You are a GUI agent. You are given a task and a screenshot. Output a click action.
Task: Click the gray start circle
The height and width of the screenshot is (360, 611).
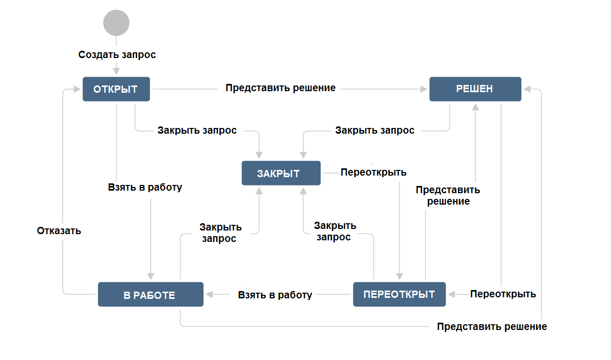(116, 22)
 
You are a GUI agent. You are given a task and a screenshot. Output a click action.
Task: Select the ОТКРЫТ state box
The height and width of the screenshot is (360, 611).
(116, 89)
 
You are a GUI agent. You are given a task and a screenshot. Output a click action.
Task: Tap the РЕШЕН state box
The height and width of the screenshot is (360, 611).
(475, 89)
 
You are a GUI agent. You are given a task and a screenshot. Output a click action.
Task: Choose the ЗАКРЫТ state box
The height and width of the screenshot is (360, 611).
(280, 173)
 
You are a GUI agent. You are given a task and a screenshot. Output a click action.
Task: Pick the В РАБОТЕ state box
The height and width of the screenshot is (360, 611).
(150, 295)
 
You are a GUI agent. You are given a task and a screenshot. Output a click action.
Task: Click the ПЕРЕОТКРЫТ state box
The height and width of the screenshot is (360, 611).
(399, 294)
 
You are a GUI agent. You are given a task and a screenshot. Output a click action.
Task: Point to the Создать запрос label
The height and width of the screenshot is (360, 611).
(117, 54)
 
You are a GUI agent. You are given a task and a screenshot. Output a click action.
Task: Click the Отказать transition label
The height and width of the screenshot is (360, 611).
(59, 231)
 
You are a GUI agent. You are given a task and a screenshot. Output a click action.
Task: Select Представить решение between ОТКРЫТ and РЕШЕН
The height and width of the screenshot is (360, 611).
(280, 88)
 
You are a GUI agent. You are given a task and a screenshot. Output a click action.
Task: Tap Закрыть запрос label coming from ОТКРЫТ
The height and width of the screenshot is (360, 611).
(197, 131)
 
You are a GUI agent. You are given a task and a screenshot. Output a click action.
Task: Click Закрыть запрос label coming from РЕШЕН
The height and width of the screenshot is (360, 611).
(375, 131)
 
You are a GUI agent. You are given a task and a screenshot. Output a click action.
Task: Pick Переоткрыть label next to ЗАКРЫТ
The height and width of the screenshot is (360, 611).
(374, 172)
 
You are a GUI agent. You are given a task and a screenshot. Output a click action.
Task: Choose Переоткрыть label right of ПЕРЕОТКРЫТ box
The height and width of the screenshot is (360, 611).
(503, 294)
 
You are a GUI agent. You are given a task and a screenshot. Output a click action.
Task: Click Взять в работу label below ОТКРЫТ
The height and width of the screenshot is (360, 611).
(145, 187)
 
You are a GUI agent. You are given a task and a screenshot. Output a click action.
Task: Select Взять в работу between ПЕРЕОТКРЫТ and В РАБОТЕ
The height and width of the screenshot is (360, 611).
(275, 295)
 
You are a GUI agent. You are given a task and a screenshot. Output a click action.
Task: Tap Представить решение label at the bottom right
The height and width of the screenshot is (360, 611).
(492, 326)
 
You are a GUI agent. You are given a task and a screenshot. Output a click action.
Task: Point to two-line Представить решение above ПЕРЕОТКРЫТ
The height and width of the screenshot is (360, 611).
(448, 196)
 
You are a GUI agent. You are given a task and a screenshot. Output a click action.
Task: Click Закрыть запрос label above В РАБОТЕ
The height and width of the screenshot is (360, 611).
(221, 233)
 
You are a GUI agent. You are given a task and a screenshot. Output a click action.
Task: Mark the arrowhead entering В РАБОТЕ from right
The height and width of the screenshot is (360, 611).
(209, 294)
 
